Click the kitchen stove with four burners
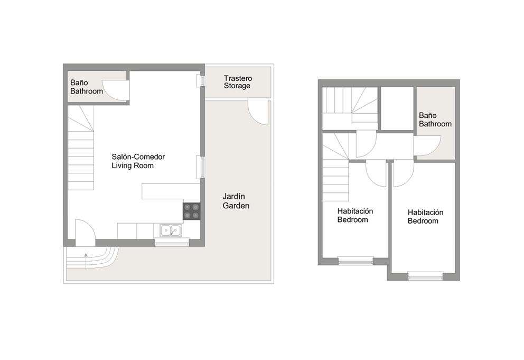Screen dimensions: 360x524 click(x=191, y=211)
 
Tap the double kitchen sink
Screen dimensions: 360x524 click(x=170, y=230)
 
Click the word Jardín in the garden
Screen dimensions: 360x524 click(x=235, y=196)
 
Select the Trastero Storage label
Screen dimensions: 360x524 click(x=237, y=82)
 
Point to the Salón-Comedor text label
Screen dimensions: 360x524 click(x=138, y=157)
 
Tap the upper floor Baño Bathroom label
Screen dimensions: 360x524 click(x=435, y=119)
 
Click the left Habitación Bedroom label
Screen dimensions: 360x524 click(x=355, y=215)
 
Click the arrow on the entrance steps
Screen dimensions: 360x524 click(x=86, y=259)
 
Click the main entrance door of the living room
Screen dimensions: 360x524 click(x=85, y=233)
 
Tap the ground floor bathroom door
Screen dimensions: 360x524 click(x=114, y=90)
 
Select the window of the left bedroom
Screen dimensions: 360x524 click(x=355, y=260)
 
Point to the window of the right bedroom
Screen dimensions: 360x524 click(x=425, y=275)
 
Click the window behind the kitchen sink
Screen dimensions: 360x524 click(x=172, y=243)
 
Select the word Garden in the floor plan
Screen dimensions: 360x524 click(x=236, y=206)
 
